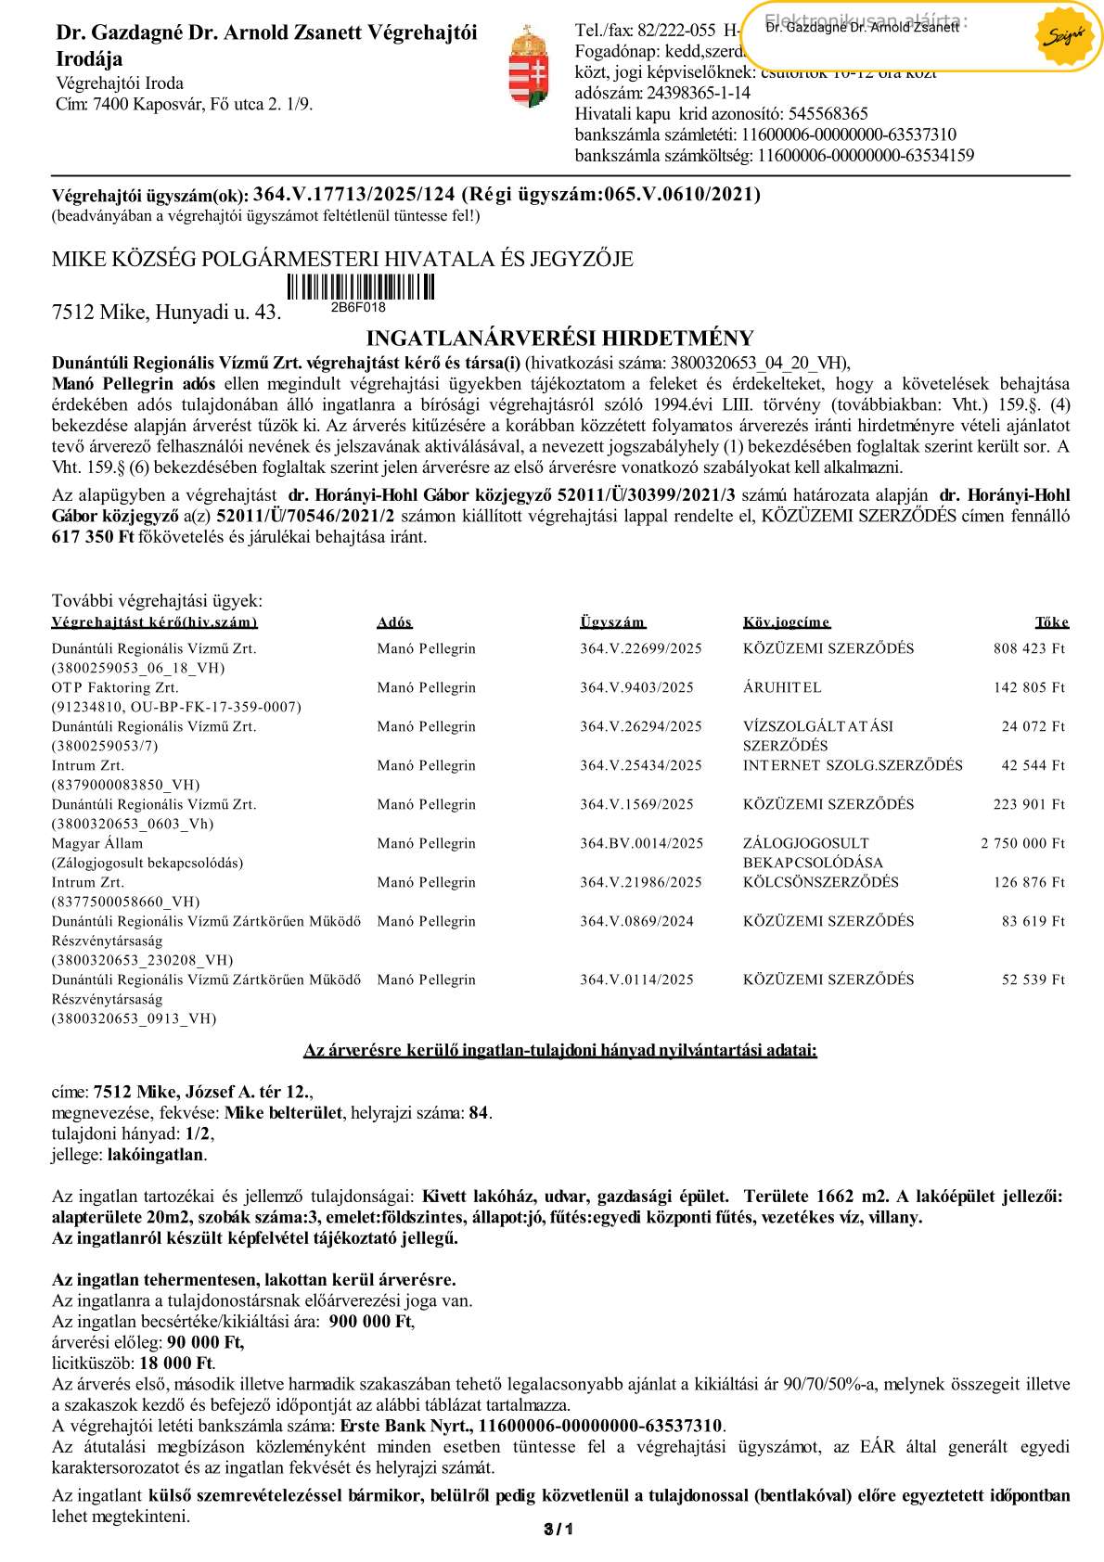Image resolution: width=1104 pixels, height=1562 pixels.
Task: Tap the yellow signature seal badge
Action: click(x=1063, y=37)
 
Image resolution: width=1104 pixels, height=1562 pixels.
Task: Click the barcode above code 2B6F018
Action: click(x=359, y=287)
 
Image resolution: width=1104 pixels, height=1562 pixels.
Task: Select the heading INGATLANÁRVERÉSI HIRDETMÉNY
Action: click(x=559, y=338)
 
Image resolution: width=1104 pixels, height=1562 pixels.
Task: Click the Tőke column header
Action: click(x=1051, y=622)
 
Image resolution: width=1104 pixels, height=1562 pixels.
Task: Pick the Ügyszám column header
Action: click(x=611, y=622)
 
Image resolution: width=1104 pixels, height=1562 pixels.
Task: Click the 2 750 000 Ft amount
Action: click(x=1022, y=843)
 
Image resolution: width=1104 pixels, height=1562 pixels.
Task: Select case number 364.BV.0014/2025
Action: click(x=641, y=843)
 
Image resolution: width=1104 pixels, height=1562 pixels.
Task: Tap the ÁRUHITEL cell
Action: click(x=781, y=687)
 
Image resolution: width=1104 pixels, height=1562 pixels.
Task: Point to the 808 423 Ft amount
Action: click(x=1029, y=648)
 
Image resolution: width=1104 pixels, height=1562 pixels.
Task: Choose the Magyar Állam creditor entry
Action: click(x=97, y=843)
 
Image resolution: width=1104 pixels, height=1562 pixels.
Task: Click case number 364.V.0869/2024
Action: click(x=636, y=921)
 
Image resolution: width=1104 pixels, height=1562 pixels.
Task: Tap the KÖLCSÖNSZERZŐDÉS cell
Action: click(x=820, y=882)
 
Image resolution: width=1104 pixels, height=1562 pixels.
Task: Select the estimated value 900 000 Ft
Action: click(x=371, y=1322)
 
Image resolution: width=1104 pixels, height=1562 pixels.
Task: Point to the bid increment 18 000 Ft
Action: click(x=176, y=1363)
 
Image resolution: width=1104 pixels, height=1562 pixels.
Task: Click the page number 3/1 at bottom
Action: click(x=558, y=1529)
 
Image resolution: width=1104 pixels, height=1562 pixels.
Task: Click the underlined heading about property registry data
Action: click(x=559, y=1050)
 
